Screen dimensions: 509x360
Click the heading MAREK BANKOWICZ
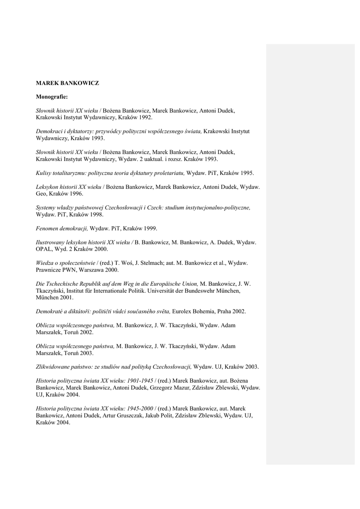click(67, 83)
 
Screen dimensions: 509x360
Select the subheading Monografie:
click(52, 96)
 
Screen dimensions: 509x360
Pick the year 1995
click(245, 173)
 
